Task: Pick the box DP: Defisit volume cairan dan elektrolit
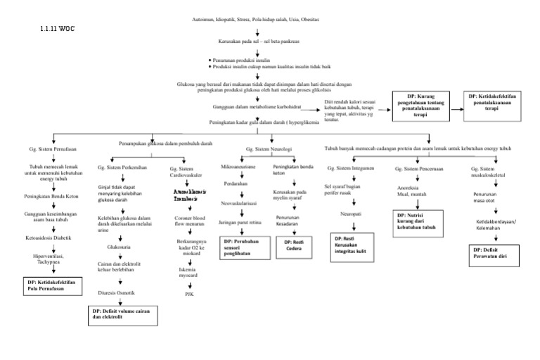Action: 123,313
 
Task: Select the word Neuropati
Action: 352,212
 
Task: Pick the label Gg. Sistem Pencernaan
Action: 418,169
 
